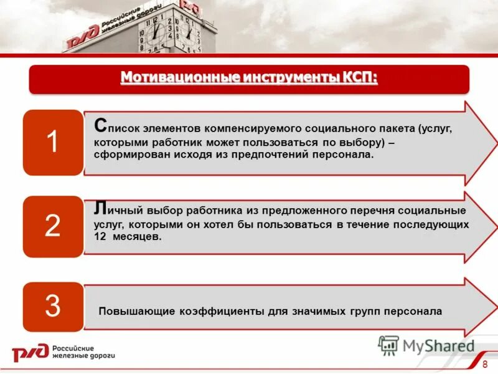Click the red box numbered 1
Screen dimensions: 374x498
[53, 142]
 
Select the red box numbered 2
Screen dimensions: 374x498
[53, 226]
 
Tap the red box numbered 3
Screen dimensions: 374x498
[53, 306]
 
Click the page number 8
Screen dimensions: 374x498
[485, 363]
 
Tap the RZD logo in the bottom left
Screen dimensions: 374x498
[30, 352]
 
